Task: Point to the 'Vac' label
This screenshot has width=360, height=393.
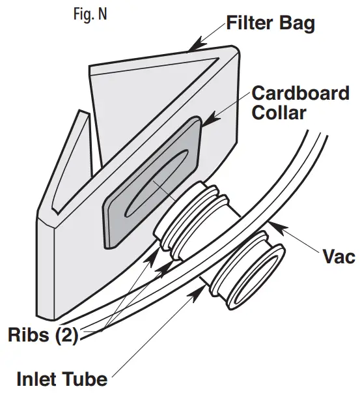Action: coord(339,256)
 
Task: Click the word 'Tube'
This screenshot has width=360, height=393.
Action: coord(86,378)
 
